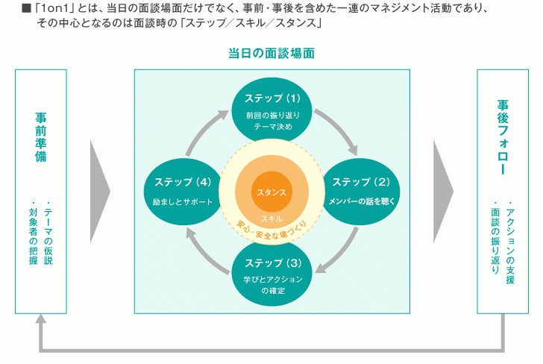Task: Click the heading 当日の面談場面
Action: (x=271, y=54)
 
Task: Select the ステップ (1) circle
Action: (x=272, y=110)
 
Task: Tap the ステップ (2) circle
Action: (x=360, y=189)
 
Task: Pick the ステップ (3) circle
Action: (x=272, y=272)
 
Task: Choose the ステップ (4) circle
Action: (x=183, y=189)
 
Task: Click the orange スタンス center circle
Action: (x=271, y=192)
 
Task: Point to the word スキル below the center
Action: (x=271, y=218)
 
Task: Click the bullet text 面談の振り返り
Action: (x=495, y=237)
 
